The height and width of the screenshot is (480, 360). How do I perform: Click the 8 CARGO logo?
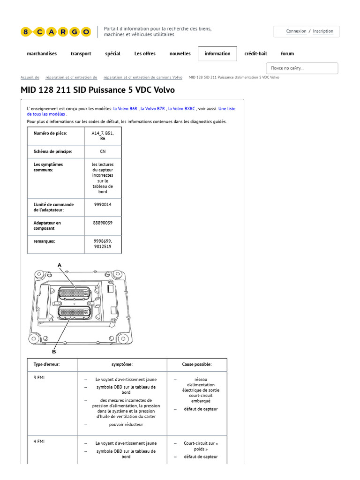click(x=55, y=32)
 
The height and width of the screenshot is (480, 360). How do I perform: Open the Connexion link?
click(x=296, y=31)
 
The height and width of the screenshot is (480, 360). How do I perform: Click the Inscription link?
click(x=323, y=31)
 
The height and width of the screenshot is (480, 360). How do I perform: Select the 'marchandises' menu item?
click(x=42, y=54)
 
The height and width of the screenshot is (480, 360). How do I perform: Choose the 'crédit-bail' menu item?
click(x=255, y=54)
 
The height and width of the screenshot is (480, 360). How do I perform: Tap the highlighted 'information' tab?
click(x=217, y=54)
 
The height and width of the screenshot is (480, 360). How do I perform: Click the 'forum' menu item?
click(x=287, y=54)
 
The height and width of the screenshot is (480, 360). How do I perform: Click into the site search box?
click(x=302, y=68)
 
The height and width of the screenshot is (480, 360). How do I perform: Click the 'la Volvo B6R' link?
click(x=125, y=109)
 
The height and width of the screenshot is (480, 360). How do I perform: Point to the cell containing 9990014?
click(x=103, y=205)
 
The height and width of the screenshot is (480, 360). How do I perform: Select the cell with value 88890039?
click(x=103, y=223)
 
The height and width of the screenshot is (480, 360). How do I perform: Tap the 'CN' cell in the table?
click(x=103, y=152)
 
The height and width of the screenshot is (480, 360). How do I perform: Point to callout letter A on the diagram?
click(x=60, y=265)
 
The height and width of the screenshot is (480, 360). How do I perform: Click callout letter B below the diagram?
click(x=54, y=352)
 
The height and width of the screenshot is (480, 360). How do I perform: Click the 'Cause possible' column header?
click(x=197, y=365)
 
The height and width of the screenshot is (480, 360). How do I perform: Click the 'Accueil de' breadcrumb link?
click(x=30, y=77)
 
